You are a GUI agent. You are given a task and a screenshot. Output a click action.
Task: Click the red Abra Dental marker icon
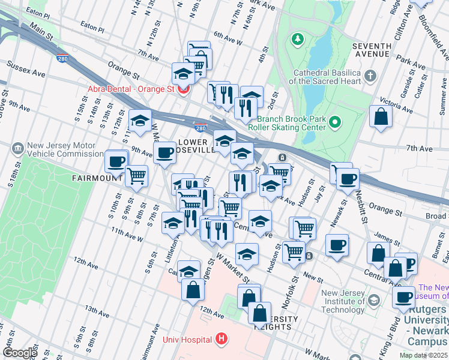183,89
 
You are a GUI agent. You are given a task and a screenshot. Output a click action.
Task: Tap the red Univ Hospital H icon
222,340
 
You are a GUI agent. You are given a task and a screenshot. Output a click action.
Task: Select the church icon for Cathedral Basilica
370,76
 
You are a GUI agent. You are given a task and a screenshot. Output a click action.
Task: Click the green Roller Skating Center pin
335,124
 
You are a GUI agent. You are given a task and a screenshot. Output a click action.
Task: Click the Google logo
20,353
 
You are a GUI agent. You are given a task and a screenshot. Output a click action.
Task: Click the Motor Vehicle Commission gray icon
17,147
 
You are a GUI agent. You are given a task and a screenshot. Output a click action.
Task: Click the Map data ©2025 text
424,355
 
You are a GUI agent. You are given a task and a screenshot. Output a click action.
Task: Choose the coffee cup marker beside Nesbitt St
348,178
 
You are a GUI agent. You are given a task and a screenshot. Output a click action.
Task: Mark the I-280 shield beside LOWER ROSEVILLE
200,128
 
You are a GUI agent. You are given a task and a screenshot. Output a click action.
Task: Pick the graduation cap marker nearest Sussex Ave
182,73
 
